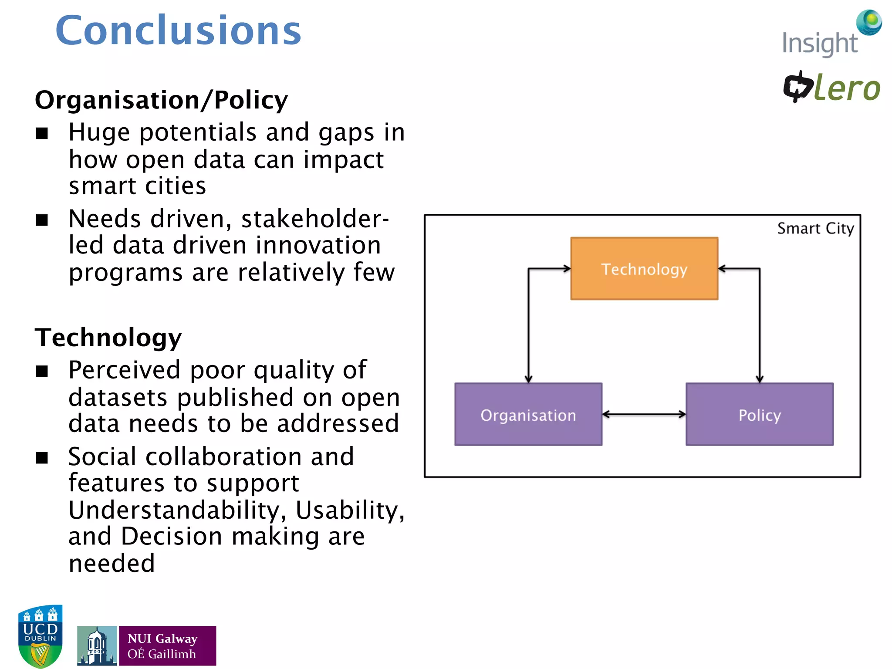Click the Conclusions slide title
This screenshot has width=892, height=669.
click(x=178, y=30)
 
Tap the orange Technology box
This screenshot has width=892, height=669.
click(x=644, y=269)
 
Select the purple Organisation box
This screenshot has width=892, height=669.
click(x=528, y=414)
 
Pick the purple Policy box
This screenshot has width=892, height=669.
click(x=759, y=414)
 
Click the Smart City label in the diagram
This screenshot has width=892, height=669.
click(x=815, y=228)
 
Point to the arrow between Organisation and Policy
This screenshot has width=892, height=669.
click(x=644, y=414)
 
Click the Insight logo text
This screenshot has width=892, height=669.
click(x=819, y=44)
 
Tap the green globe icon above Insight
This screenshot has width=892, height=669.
click(x=869, y=22)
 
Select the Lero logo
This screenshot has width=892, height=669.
click(x=832, y=87)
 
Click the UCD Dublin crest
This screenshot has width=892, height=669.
click(x=40, y=636)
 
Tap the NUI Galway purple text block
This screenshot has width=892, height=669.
click(x=167, y=645)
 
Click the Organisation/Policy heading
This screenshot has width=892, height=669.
click(x=161, y=100)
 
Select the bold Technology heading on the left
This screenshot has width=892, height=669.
click(x=108, y=338)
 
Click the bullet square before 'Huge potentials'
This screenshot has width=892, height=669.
click(x=42, y=133)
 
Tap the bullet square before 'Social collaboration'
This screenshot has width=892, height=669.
click(x=42, y=458)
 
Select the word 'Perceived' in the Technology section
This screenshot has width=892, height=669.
click(x=124, y=370)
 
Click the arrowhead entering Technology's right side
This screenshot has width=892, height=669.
click(x=722, y=269)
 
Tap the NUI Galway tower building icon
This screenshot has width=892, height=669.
click(x=97, y=645)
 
